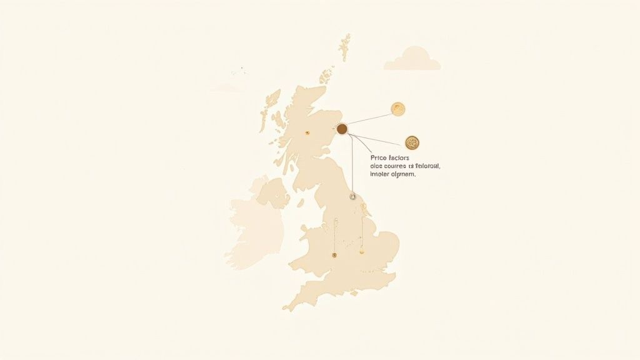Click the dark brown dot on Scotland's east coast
[x=342, y=129]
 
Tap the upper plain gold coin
[x=397, y=109]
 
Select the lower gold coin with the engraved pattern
[x=412, y=142]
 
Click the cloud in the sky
[x=412, y=59]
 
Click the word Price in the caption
[x=362, y=158]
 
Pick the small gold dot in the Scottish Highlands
[x=307, y=132]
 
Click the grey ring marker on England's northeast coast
[x=353, y=197]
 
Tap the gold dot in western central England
[x=334, y=255]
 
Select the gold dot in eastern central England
[x=361, y=252]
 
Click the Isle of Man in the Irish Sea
[x=300, y=202]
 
